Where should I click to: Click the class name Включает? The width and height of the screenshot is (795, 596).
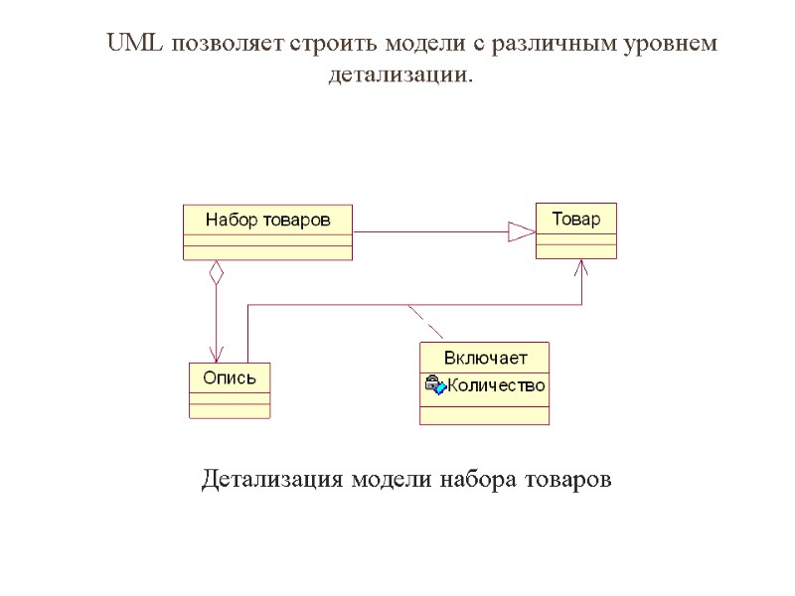pos(485,358)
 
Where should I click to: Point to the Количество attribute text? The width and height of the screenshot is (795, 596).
pos(496,385)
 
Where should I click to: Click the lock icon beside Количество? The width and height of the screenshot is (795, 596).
pos(434,385)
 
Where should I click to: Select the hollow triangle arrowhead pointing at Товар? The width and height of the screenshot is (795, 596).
pos(522,231)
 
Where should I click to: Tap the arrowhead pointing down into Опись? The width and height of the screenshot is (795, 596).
pos(216,355)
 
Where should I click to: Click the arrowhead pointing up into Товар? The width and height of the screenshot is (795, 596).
pos(582,269)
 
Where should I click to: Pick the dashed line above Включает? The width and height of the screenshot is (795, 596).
pos(427,323)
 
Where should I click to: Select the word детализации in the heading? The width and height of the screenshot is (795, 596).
pos(399,74)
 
